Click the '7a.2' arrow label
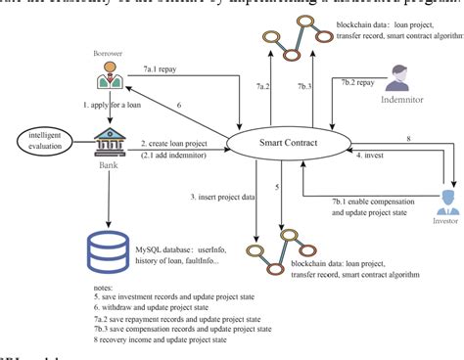coord(261,87)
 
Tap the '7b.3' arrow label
coord(305,87)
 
